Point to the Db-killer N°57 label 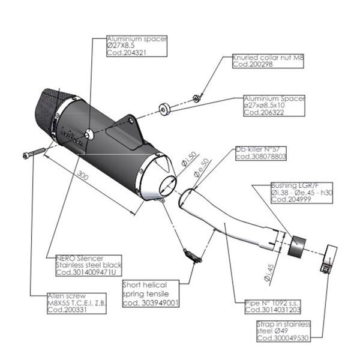[260, 152]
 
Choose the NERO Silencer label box [88, 265]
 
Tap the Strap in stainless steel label [284, 331]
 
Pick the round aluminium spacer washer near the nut [163, 109]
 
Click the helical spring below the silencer [192, 256]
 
